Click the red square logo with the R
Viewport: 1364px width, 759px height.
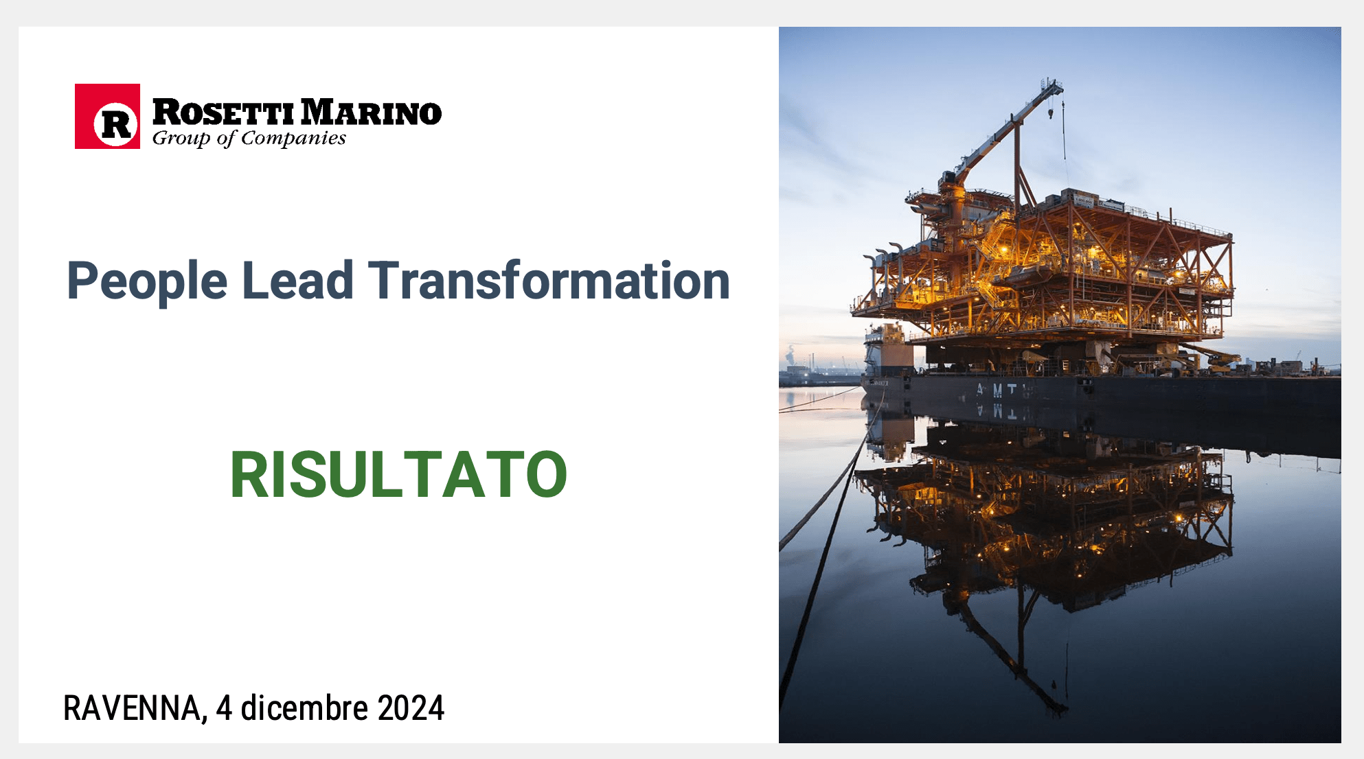click(x=107, y=116)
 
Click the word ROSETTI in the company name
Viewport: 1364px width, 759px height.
click(x=224, y=113)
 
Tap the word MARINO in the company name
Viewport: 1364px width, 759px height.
click(x=371, y=113)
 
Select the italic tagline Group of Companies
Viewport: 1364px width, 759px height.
click(x=249, y=138)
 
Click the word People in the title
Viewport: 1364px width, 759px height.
click(x=147, y=281)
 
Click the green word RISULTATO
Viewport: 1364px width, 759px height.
click(x=398, y=474)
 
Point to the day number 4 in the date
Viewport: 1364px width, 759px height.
click(x=224, y=708)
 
